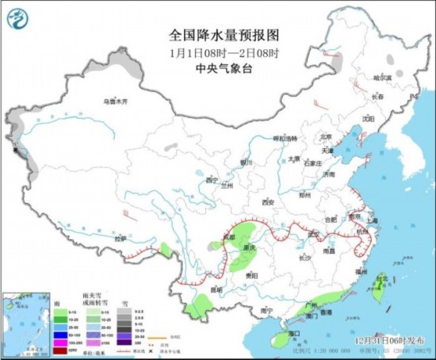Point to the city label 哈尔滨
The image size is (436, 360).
pos(384,78)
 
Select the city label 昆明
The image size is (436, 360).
pos(216,290)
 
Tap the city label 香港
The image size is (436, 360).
pos(325,312)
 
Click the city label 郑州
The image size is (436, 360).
pos(303,193)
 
